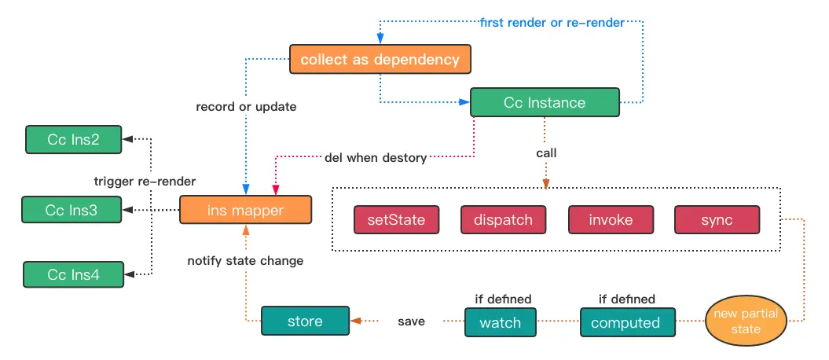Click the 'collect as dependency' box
pyautogui.click(x=380, y=59)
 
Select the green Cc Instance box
pyautogui.click(x=545, y=102)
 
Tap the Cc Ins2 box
pyautogui.click(x=74, y=140)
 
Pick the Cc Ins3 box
pyautogui.click(x=72, y=210)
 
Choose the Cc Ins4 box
pyautogui.click(x=74, y=275)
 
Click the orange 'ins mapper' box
pyautogui.click(x=245, y=210)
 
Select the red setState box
pyautogui.click(x=396, y=219)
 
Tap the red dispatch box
pyautogui.click(x=504, y=219)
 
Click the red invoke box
pyautogui.click(x=611, y=219)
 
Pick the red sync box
pyautogui.click(x=717, y=219)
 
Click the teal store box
pyautogui.click(x=305, y=321)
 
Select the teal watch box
pyautogui.click(x=500, y=322)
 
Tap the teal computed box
pyautogui.click(x=628, y=322)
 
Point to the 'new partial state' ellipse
pyautogui.click(x=746, y=321)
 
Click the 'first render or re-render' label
pyautogui.click(x=552, y=23)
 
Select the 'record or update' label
pyautogui.click(x=246, y=107)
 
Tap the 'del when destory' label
pyautogui.click(x=376, y=157)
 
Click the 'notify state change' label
pyautogui.click(x=245, y=261)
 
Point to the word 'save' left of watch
pyautogui.click(x=411, y=321)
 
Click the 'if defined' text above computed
pyautogui.click(x=626, y=299)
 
